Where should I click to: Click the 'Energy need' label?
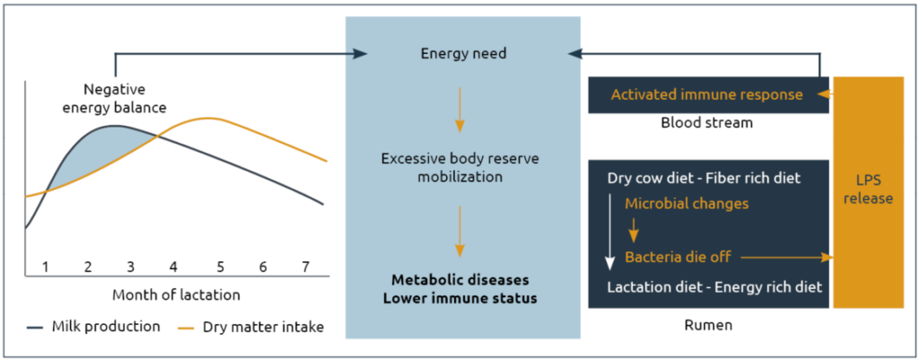pyautogui.click(x=463, y=54)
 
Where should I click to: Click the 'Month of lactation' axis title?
pyautogui.click(x=176, y=295)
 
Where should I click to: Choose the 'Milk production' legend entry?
pyautogui.click(x=93, y=327)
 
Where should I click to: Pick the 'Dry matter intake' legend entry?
pyautogui.click(x=250, y=327)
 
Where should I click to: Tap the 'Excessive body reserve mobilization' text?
pyautogui.click(x=460, y=168)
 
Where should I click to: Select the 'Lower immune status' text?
pyautogui.click(x=460, y=298)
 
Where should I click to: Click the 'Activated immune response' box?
pyautogui.click(x=709, y=95)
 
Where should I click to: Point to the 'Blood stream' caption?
pyautogui.click(x=707, y=124)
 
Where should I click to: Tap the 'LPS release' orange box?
pyautogui.click(x=868, y=192)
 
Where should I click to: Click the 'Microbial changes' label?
pyautogui.click(x=687, y=204)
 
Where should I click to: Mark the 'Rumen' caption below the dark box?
pyautogui.click(x=709, y=324)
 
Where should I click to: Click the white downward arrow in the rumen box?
pyautogui.click(x=610, y=231)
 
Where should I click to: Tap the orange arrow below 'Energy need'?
pyautogui.click(x=460, y=110)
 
